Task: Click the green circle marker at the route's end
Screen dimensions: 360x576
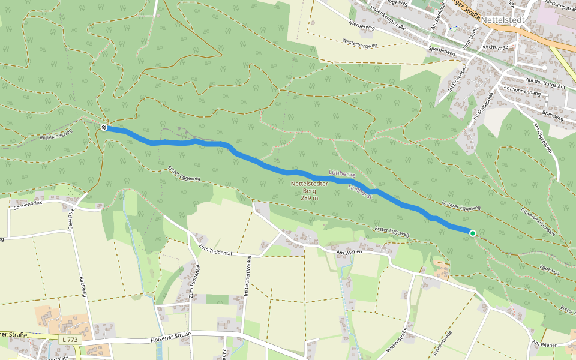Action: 473,233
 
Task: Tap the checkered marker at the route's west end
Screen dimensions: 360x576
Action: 104,127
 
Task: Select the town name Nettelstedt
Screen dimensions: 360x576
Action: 503,20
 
